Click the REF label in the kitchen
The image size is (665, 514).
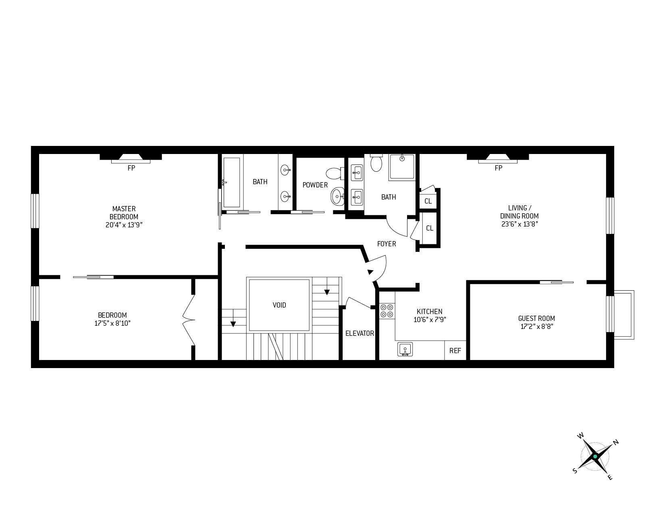click(x=455, y=351)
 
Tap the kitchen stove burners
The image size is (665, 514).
click(x=387, y=310)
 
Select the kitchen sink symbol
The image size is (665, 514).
click(x=405, y=349)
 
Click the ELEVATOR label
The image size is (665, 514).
click(x=360, y=333)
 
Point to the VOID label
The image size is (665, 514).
click(x=279, y=305)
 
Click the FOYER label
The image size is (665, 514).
click(x=386, y=244)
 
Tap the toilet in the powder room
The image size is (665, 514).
click(x=334, y=174)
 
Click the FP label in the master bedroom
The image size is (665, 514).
click(x=131, y=168)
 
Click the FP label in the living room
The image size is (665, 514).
click(x=498, y=168)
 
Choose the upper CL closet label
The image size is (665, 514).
click(x=428, y=201)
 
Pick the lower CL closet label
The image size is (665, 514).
click(x=430, y=228)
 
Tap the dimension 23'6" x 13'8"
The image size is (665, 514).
click(x=520, y=224)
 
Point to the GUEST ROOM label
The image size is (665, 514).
click(x=536, y=318)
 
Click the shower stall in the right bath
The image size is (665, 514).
click(x=402, y=167)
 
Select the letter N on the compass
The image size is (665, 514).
click(x=615, y=442)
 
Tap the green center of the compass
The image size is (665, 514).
click(x=595, y=457)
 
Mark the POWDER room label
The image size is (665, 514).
click(x=315, y=185)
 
